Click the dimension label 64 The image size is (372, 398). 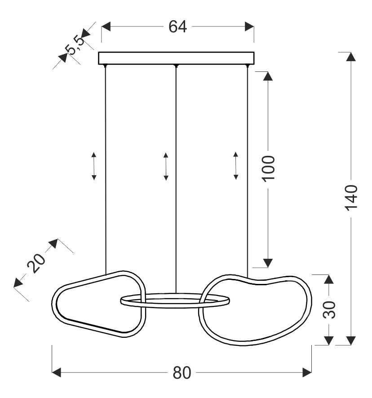177,27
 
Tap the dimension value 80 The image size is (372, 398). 182,372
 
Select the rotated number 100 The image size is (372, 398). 268,168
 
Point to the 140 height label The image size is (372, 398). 351,196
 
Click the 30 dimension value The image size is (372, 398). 329,309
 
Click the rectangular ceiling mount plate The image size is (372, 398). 176,58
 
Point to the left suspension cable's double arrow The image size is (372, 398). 94,166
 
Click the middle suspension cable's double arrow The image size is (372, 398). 166,167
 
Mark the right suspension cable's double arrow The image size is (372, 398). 236,166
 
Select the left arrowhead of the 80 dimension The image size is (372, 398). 57,372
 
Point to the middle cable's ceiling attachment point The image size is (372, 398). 176,67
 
